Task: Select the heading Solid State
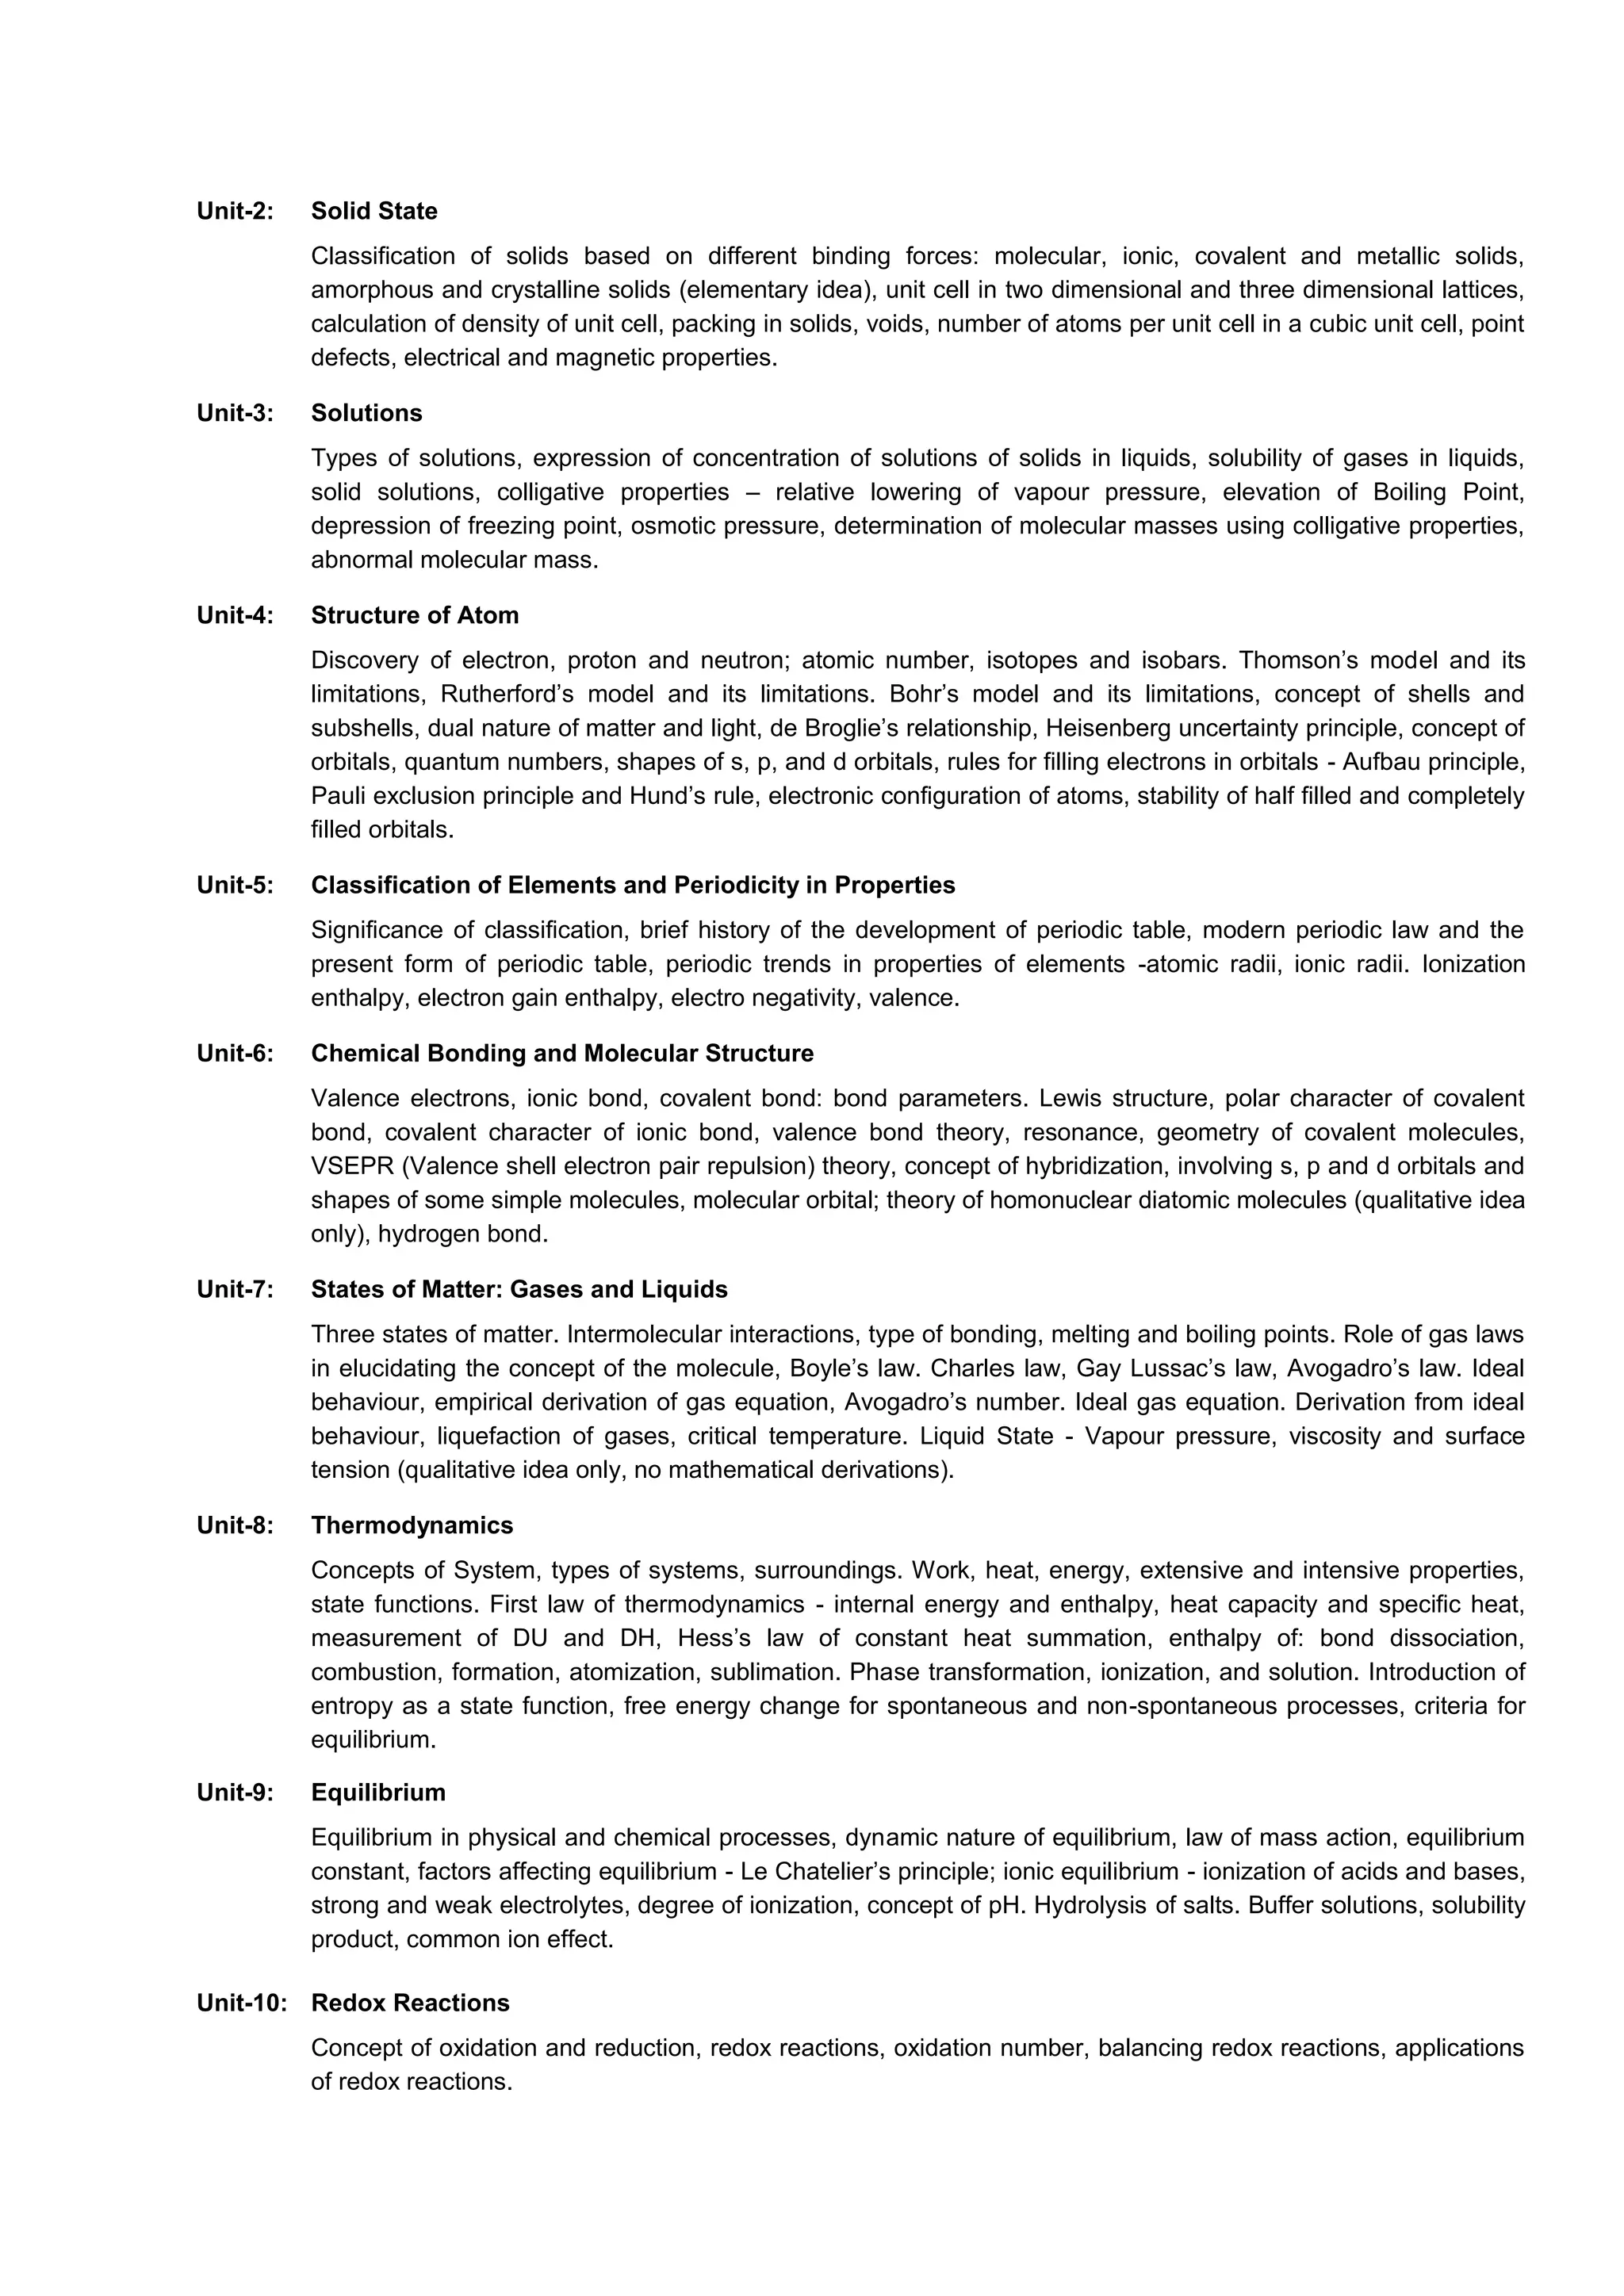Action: pos(374,211)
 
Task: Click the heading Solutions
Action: pos(366,413)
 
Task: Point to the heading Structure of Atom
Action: pos(415,615)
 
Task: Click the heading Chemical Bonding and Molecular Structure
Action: pos(562,1053)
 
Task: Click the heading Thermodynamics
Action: pos(412,1525)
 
